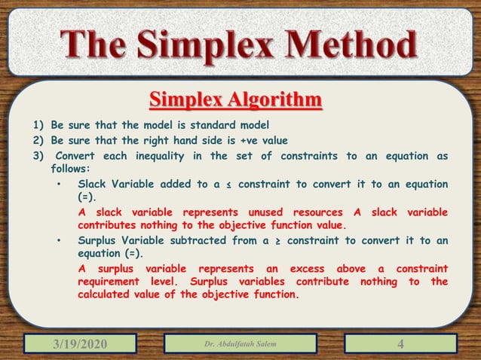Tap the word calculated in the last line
[x=110, y=295]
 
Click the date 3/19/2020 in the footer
[x=79, y=344]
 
